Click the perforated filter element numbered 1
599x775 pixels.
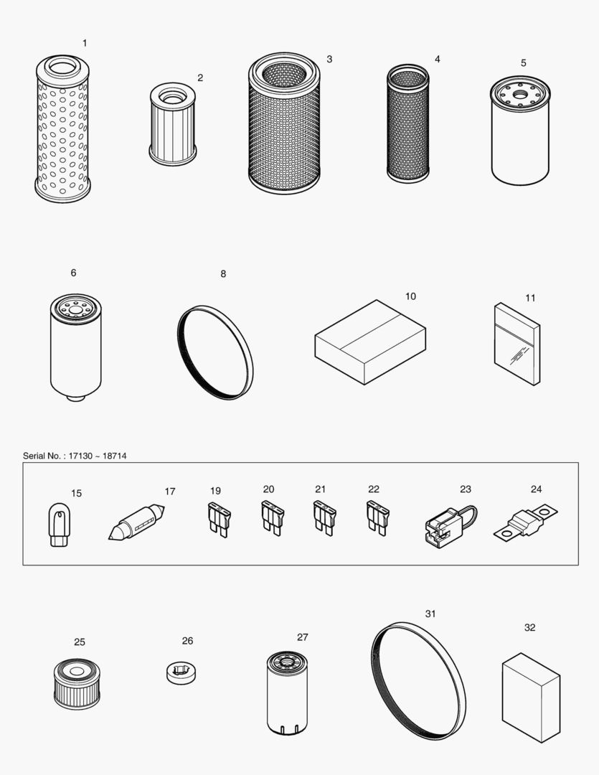click(x=62, y=129)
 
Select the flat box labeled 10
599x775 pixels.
click(x=370, y=342)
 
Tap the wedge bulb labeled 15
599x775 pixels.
click(x=60, y=526)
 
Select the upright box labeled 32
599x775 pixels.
click(x=530, y=697)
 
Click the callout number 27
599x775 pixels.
click(x=302, y=637)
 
